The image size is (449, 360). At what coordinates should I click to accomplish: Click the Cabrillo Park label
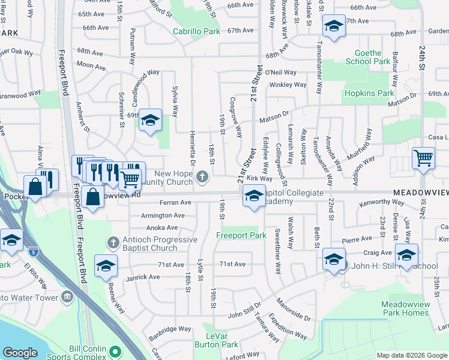click(x=196, y=31)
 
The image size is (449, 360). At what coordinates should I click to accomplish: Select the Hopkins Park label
click(x=369, y=93)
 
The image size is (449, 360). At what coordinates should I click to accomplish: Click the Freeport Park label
click(x=241, y=235)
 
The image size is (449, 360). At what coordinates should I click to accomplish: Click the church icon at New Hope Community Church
click(x=203, y=176)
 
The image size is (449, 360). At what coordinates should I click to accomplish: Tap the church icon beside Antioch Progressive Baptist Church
click(x=111, y=243)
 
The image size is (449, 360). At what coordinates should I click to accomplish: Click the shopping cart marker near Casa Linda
click(x=423, y=158)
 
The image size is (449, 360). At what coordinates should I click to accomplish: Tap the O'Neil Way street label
click(x=281, y=72)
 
